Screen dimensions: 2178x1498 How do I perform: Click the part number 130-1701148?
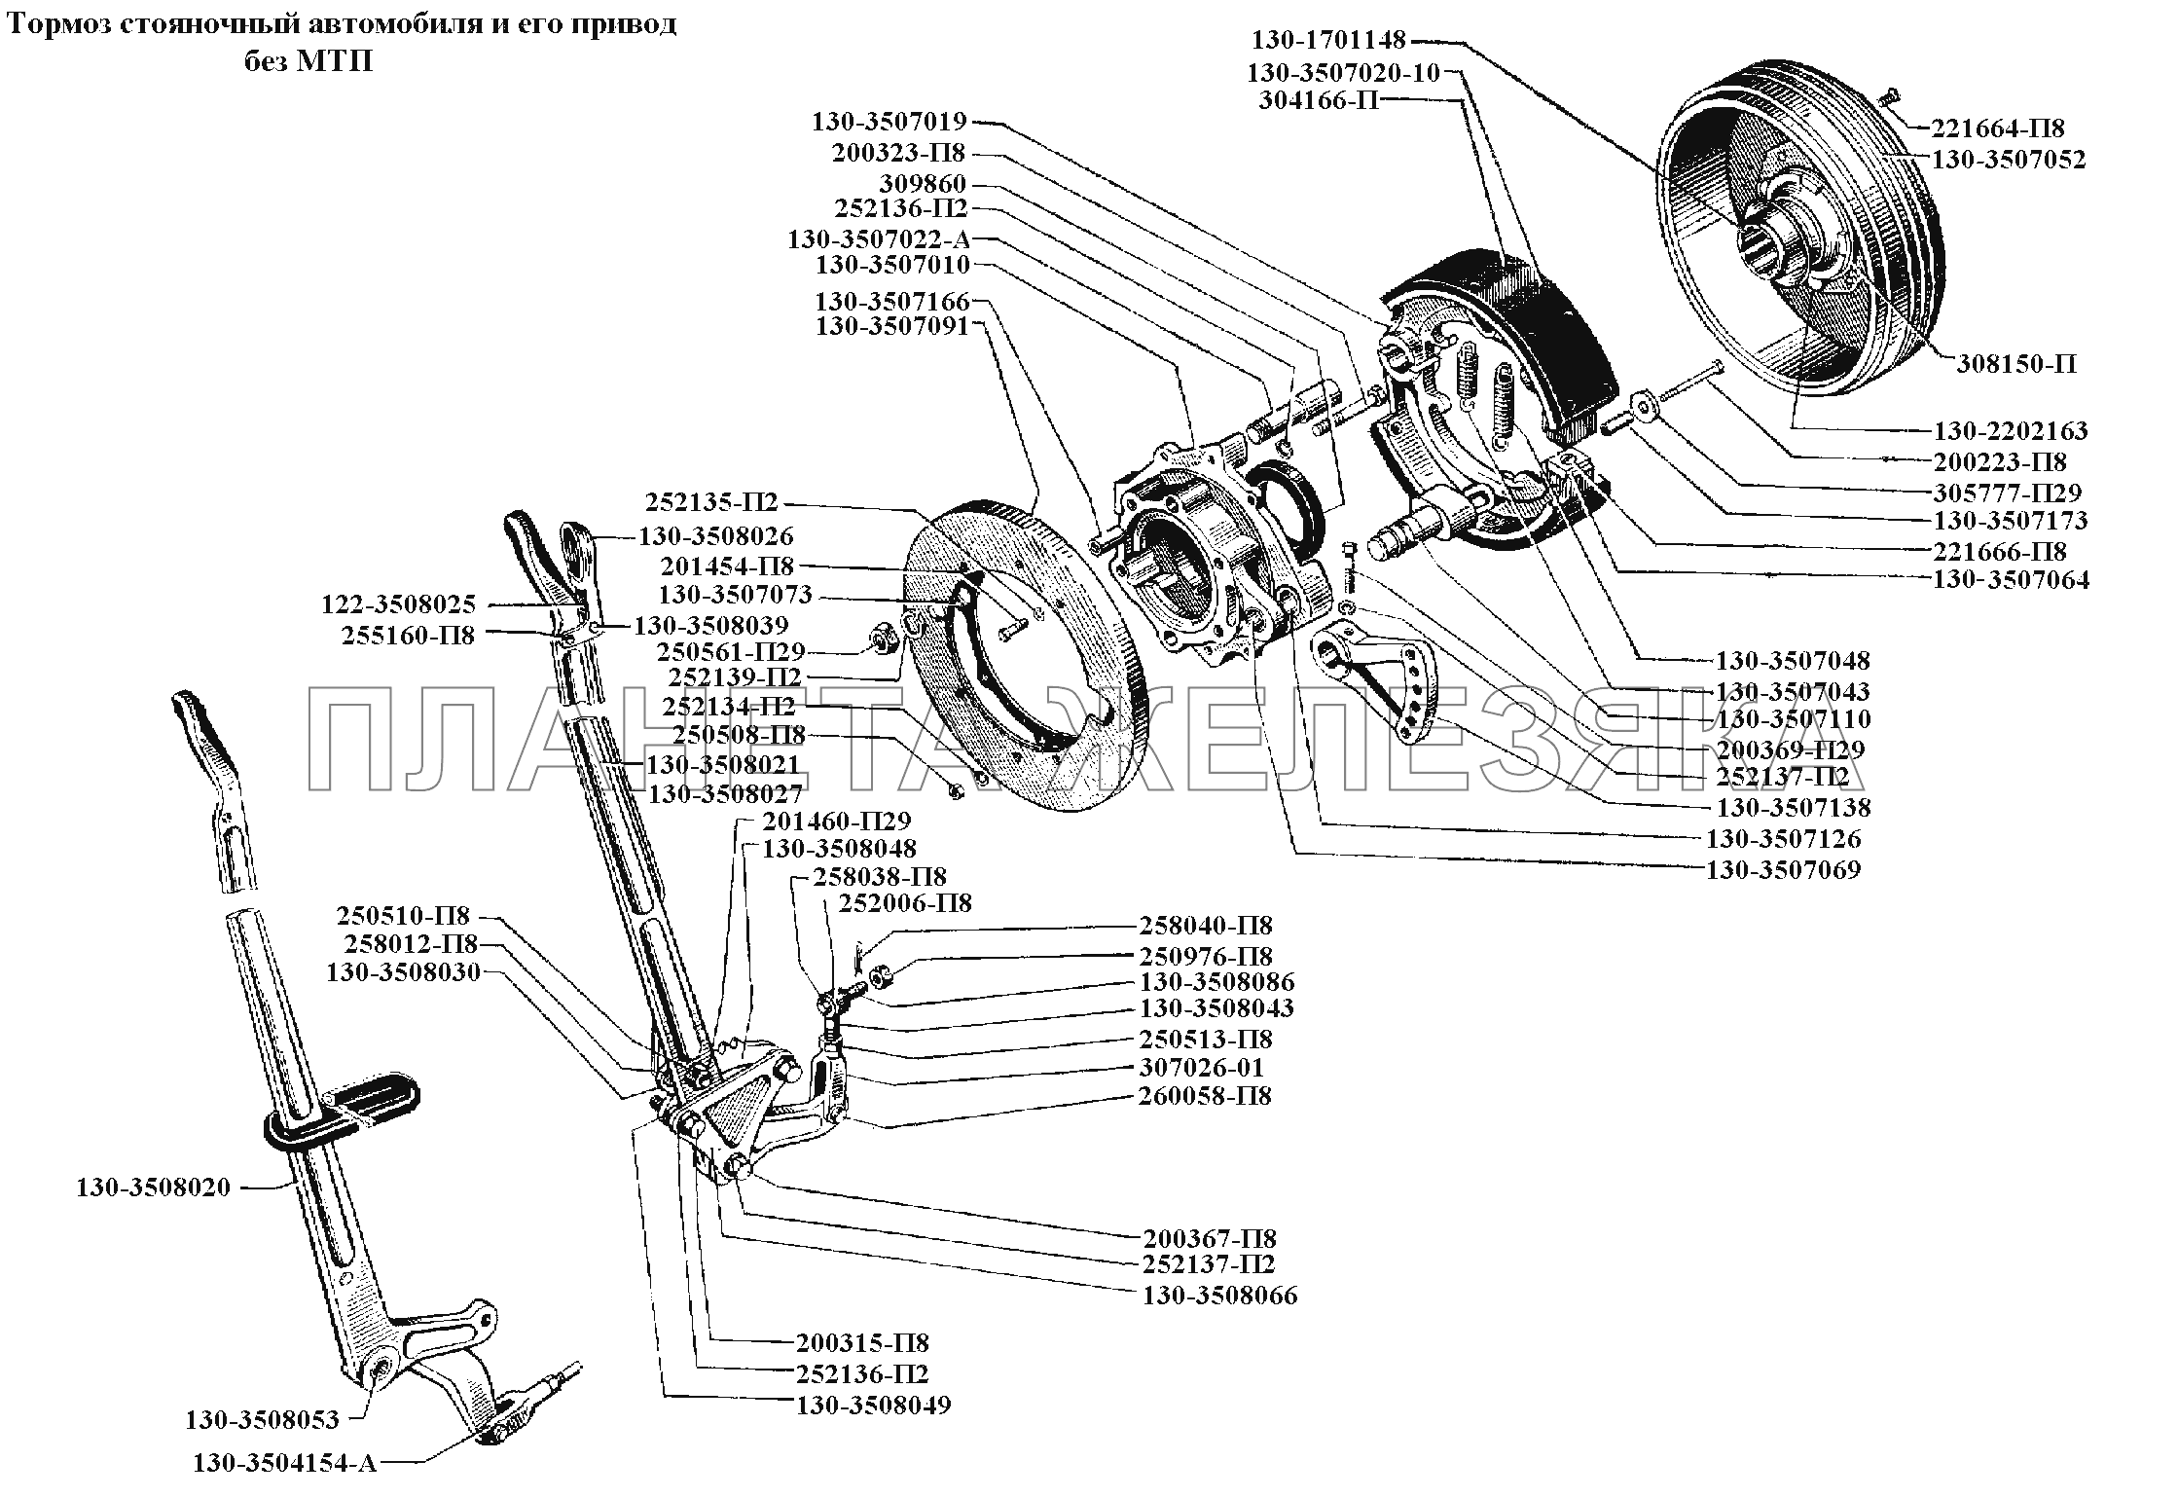click(1328, 40)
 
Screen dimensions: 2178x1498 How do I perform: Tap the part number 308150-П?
click(2017, 364)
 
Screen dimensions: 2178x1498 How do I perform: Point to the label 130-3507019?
click(889, 122)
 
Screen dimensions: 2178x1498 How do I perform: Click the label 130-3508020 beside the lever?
click(154, 1187)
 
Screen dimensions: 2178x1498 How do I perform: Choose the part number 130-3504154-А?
click(285, 1490)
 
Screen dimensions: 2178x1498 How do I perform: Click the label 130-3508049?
click(873, 1406)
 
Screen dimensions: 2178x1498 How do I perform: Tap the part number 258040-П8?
click(1206, 926)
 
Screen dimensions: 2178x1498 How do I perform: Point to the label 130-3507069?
click(1783, 869)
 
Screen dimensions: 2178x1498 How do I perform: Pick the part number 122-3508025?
click(399, 605)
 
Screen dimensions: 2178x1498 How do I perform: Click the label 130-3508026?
click(716, 536)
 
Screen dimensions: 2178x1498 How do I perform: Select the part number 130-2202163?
click(2011, 430)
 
